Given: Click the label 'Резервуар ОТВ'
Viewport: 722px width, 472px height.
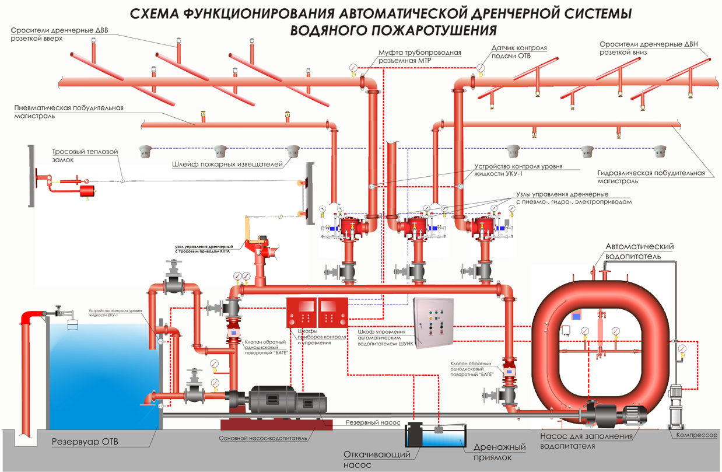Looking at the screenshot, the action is (x=85, y=442).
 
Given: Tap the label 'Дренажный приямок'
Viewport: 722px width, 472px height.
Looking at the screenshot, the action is (x=499, y=452).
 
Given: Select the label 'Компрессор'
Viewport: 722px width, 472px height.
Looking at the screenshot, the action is (x=696, y=435).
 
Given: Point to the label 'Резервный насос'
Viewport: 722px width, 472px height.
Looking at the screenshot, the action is (x=373, y=422).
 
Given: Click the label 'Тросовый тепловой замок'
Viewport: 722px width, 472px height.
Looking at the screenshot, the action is (x=85, y=155).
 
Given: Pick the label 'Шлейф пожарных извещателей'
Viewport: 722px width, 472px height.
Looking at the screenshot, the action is (x=227, y=165).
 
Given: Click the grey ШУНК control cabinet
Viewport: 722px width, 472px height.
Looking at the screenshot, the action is (x=433, y=323).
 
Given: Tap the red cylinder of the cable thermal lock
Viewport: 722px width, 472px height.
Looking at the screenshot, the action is (x=87, y=191).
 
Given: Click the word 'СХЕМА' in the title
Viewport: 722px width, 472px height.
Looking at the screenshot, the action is (x=155, y=14).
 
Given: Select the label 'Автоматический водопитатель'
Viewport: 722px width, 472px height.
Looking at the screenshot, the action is (x=640, y=251).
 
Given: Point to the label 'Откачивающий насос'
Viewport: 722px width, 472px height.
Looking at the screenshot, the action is (x=377, y=459).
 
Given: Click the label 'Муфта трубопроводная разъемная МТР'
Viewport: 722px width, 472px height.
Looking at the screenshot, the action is (x=420, y=57).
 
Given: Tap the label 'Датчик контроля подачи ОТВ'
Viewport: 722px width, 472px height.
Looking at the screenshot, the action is (x=519, y=52).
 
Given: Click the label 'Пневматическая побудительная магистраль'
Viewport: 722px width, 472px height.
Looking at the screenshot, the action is (x=69, y=112).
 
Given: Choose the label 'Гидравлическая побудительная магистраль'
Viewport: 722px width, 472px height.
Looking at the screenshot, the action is (x=651, y=177).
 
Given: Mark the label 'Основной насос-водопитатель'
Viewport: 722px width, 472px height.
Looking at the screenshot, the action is (x=263, y=439).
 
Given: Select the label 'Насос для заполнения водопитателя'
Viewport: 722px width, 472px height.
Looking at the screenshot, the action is (x=586, y=441).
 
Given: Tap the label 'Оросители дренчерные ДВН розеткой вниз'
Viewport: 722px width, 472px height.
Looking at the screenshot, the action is (x=649, y=48).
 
